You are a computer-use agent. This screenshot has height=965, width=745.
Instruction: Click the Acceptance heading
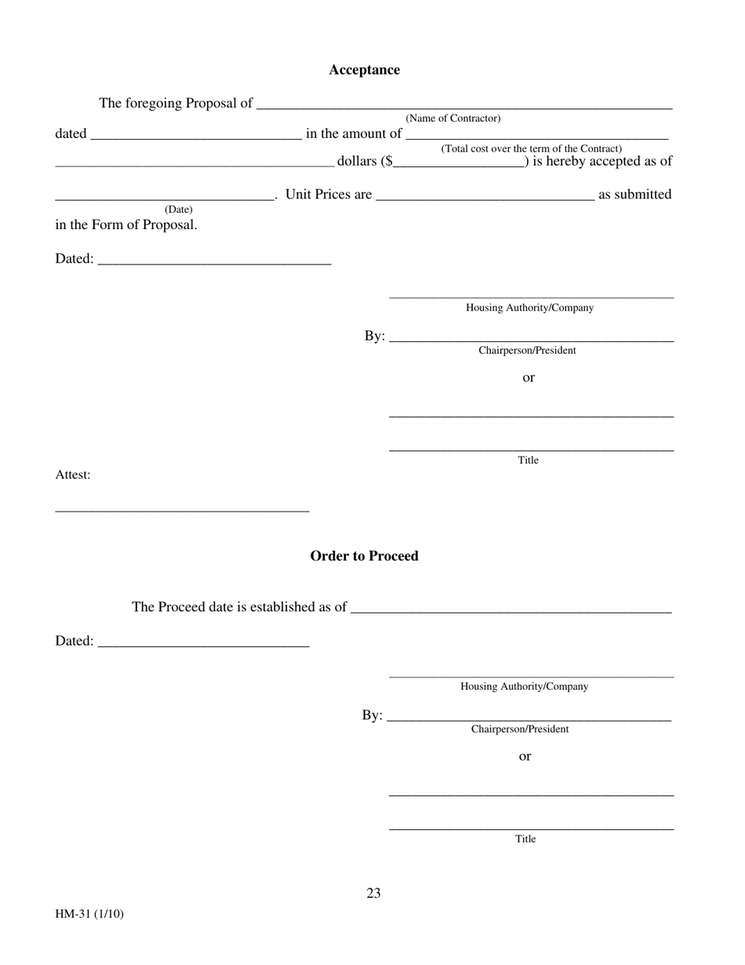point(364,70)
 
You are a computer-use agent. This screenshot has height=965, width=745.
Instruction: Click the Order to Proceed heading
point(364,555)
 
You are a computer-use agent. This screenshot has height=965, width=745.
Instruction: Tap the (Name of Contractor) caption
point(452,118)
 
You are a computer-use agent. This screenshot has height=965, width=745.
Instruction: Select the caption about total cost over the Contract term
point(531,148)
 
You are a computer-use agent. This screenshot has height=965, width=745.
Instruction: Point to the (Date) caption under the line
point(178,209)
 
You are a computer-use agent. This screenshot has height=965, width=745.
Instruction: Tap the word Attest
point(72,475)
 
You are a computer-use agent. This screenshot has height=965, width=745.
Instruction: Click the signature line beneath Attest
point(182,509)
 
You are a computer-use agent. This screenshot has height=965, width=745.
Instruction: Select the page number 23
point(373,893)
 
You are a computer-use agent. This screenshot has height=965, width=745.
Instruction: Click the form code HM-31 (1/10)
point(89,914)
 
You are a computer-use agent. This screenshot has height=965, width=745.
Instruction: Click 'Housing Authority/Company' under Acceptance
point(529,308)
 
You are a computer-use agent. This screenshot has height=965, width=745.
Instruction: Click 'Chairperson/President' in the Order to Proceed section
point(519,729)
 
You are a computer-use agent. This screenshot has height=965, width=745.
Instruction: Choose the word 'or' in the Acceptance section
point(529,377)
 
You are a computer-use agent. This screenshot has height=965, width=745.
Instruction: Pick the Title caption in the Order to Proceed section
point(525,839)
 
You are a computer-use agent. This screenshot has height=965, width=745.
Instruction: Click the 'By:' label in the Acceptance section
point(374,336)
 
